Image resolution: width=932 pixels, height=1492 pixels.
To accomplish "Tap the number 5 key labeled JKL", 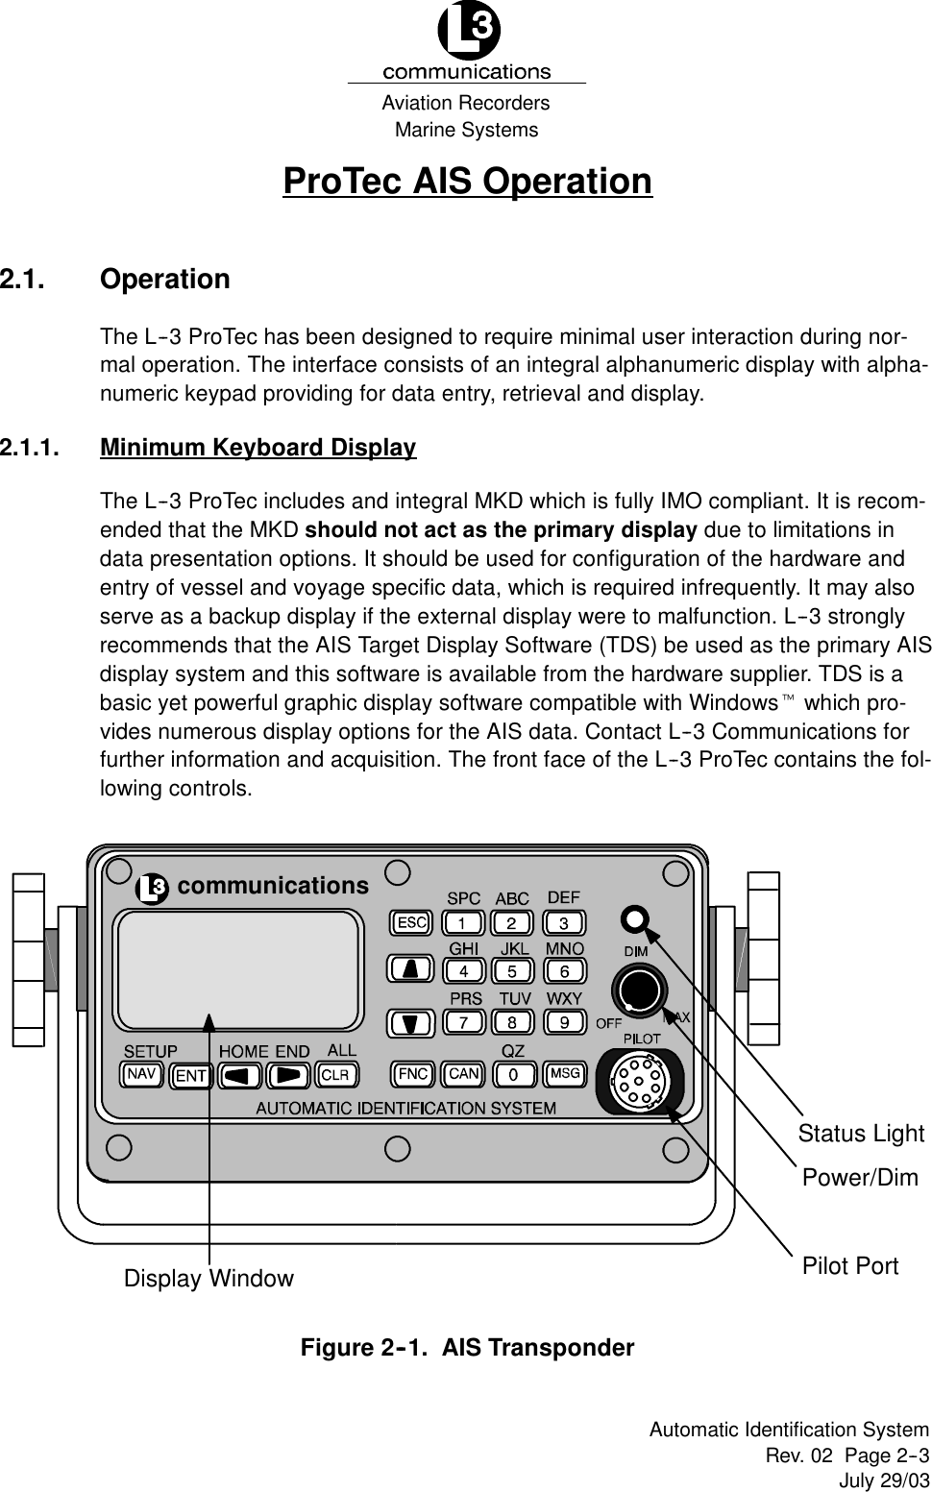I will click(514, 970).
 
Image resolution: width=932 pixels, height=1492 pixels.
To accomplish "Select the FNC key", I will click(413, 1072).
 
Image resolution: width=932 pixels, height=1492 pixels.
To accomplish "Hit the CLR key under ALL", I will click(335, 1073).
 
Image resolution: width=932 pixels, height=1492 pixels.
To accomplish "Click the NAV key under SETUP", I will click(142, 1073).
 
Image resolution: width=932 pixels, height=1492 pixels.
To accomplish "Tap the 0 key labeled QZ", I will click(514, 1072).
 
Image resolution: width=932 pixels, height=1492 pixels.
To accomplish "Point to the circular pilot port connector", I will click(640, 1080).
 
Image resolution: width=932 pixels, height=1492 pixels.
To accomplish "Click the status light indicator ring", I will click(635, 918).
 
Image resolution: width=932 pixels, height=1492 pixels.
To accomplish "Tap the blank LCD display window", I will click(238, 968).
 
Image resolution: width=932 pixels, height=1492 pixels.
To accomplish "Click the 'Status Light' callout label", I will click(861, 1134).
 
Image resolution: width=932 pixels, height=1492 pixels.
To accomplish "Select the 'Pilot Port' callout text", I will click(850, 1266).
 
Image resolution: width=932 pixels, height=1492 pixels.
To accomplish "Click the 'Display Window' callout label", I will click(208, 1279).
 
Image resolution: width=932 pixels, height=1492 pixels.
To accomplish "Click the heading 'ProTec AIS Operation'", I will click(467, 181).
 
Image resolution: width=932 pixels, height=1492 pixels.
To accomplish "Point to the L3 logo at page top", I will click(468, 33).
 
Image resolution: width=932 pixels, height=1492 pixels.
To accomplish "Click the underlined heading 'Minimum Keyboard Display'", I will click(258, 448).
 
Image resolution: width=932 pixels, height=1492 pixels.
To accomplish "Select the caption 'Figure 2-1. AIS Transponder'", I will click(468, 1348).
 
